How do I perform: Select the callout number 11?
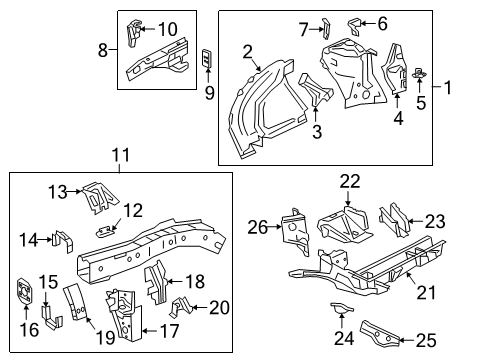pos(121,155)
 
